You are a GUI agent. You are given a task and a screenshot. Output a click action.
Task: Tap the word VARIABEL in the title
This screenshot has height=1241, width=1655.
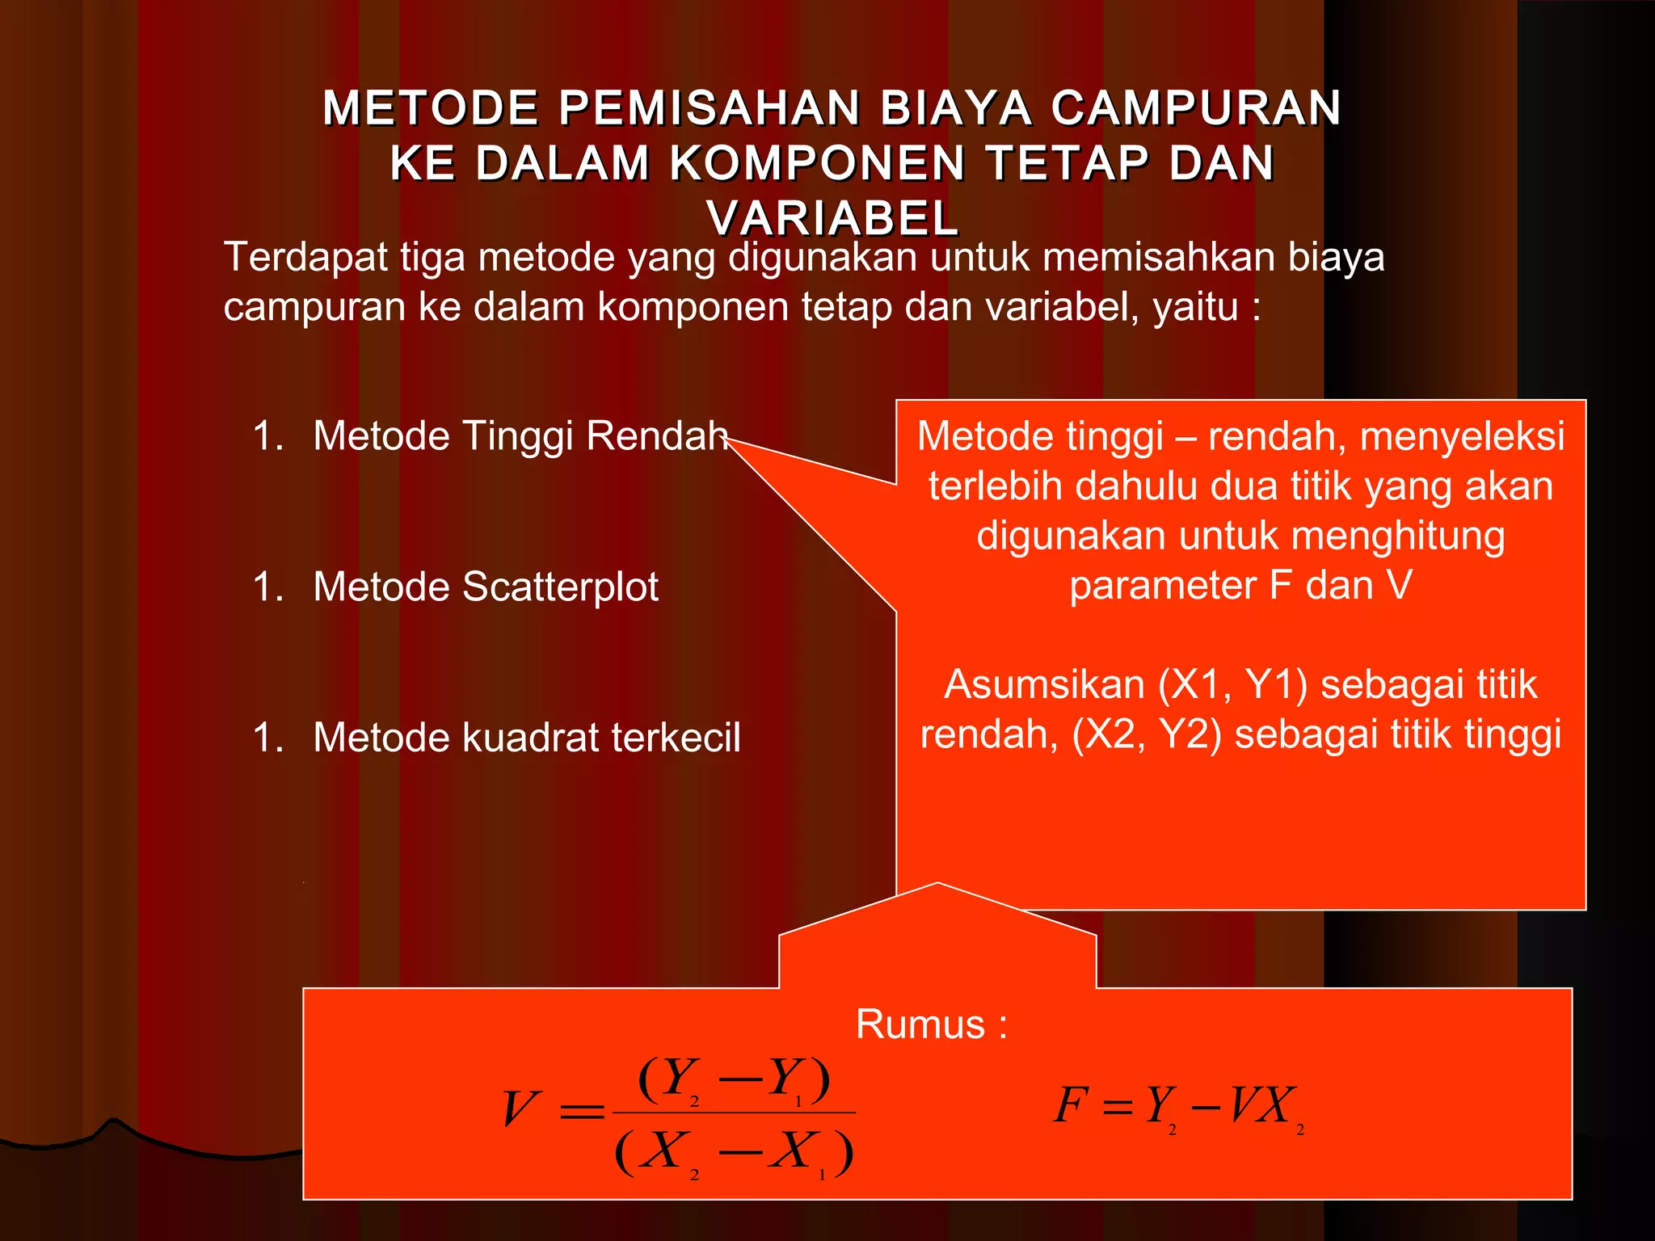pos(833,218)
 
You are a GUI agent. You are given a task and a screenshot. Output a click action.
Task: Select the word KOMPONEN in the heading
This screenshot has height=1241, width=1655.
pos(816,163)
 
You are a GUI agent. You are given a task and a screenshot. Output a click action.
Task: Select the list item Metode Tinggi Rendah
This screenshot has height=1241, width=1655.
pos(520,436)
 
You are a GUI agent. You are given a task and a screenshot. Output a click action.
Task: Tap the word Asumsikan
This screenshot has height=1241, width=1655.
pos(1044,684)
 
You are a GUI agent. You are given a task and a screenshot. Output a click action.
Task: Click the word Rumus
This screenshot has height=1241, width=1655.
pos(920,1024)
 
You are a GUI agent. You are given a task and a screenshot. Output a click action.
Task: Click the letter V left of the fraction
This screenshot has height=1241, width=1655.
pos(519,1108)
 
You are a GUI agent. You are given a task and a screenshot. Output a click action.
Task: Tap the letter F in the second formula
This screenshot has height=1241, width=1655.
pos(1072,1104)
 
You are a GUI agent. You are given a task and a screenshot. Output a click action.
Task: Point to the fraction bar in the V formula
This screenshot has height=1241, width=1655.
pos(734,1113)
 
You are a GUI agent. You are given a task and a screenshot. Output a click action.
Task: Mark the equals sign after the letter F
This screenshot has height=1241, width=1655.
pos(1118,1107)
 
